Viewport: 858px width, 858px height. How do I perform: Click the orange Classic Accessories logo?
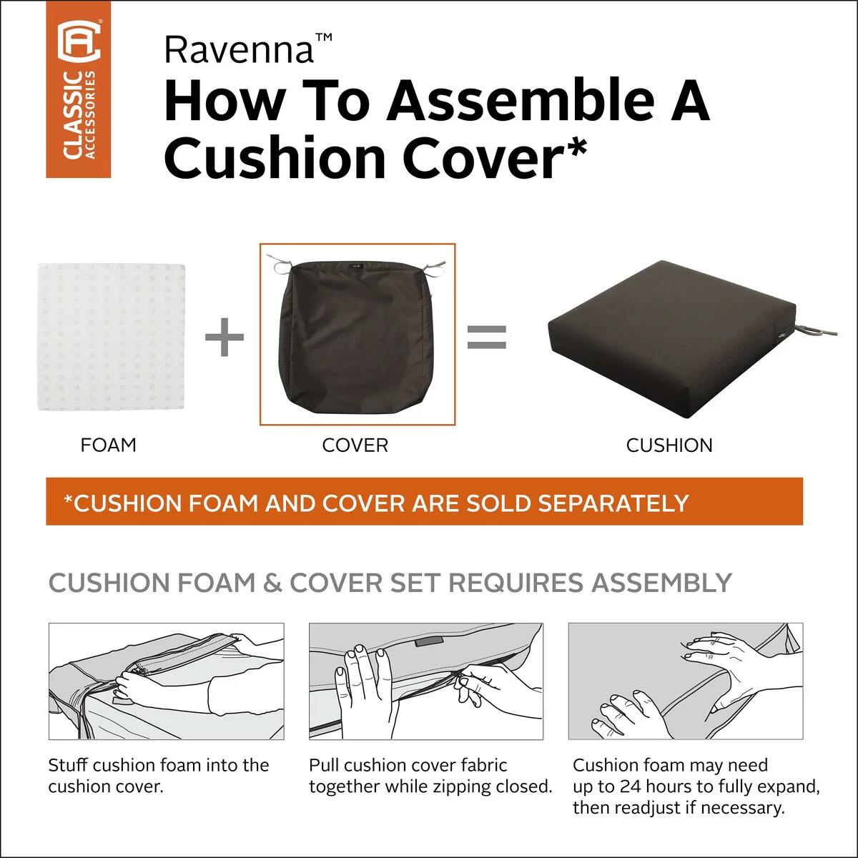coord(79,89)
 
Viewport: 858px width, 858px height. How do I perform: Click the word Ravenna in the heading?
coord(240,50)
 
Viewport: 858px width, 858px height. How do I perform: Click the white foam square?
coord(112,337)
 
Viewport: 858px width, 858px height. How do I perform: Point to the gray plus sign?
coord(225,337)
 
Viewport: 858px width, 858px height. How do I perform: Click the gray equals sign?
coord(487,337)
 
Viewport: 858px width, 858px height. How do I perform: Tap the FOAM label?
coord(108,445)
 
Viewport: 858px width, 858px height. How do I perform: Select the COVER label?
coord(355,445)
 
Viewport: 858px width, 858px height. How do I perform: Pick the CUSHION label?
coord(669,445)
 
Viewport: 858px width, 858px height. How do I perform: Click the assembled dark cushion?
coord(671,340)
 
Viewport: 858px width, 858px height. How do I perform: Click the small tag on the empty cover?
coord(356,266)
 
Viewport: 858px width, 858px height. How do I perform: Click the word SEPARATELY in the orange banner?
coord(613,503)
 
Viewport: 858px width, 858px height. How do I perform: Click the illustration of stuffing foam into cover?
coord(166,681)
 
